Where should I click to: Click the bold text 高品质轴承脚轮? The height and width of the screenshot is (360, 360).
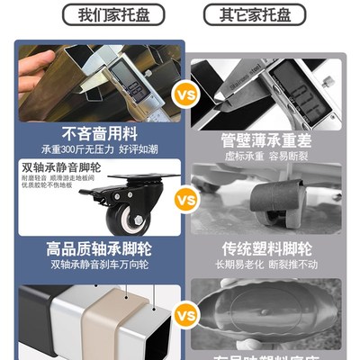click(x=95, y=248)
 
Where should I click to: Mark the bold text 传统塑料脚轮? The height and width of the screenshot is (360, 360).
click(x=270, y=249)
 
